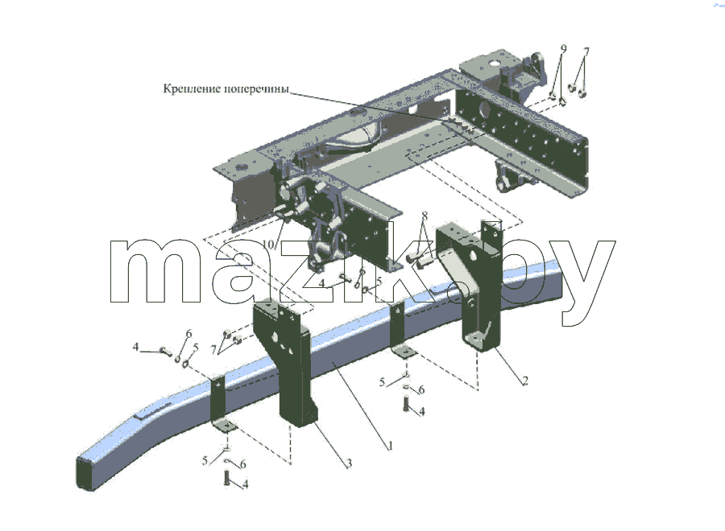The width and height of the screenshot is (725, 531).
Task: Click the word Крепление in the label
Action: pyautogui.click(x=192, y=88)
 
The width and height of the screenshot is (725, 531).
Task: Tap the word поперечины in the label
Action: pyautogui.click(x=257, y=88)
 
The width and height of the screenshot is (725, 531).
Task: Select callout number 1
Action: pyautogui.click(x=390, y=446)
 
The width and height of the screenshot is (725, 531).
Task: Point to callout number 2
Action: pyautogui.click(x=524, y=381)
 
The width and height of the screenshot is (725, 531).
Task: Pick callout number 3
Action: pyautogui.click(x=350, y=463)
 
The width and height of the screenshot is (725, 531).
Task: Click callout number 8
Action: pyautogui.click(x=425, y=216)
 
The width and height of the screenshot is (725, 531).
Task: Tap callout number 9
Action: pyautogui.click(x=563, y=48)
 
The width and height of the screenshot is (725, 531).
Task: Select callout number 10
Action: pyautogui.click(x=268, y=244)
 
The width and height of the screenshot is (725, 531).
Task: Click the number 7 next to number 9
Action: pyautogui.click(x=586, y=51)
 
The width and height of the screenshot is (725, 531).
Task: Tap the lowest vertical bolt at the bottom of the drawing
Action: pyautogui.click(x=226, y=477)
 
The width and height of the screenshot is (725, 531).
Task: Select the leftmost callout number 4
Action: pyautogui.click(x=135, y=346)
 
